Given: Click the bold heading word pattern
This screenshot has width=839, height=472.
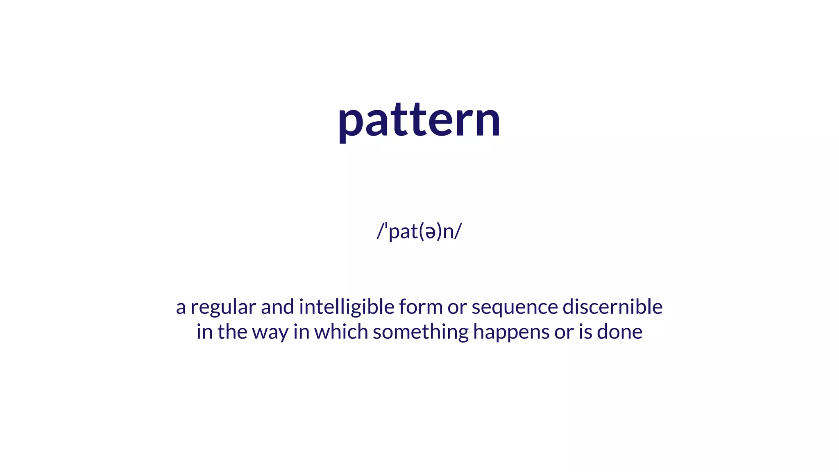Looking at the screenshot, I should [419, 120].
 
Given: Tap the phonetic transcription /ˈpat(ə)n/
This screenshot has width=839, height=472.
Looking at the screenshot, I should [419, 231].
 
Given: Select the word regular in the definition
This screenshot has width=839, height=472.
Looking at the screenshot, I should [223, 308].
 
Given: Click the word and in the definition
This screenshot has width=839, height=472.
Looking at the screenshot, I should [277, 307].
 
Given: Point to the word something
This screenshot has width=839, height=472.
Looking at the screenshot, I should [420, 332].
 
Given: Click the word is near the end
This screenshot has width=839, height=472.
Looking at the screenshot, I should [585, 331].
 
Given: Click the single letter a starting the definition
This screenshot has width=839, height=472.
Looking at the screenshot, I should [181, 308].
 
